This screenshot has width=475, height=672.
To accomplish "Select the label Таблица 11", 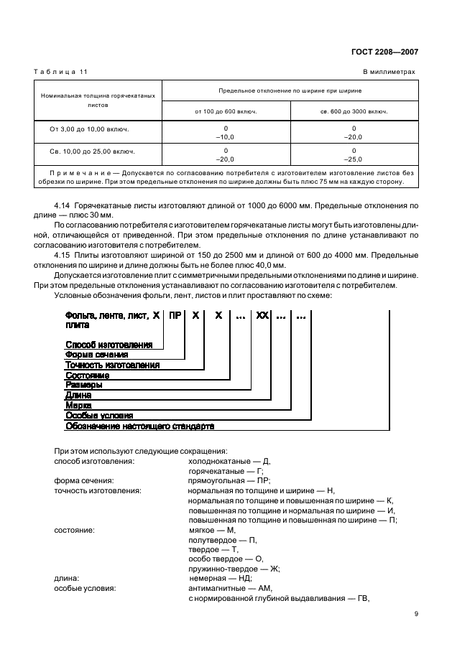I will pos(60,72).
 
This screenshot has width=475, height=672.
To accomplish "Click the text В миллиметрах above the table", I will pos(389,72).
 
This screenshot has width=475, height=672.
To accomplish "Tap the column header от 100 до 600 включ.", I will pos(226,111).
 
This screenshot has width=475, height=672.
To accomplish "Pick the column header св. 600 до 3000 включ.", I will pos(354,111).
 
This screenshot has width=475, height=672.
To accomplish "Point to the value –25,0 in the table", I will pos(354,159).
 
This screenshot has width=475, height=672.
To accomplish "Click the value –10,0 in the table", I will pos(226,136).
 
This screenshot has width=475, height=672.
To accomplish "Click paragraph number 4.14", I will pos(63,205).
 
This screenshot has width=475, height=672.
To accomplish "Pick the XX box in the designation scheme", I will pos(262,315).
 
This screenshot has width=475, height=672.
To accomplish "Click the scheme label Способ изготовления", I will pos(109,345).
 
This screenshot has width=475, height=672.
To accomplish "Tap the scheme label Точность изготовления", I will pos(112,365).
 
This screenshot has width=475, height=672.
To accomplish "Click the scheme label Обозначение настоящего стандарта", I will pos(140,426).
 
